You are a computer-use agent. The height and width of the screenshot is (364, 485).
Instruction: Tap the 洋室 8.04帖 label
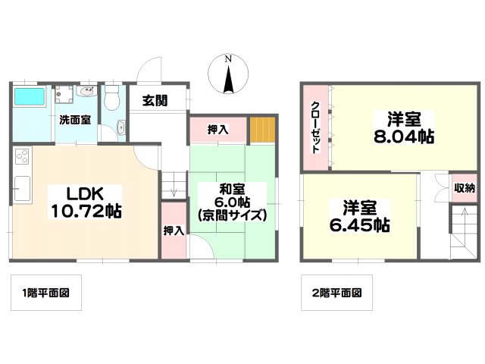pos(401,127)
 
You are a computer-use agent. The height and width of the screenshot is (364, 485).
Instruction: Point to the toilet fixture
pos(113,97)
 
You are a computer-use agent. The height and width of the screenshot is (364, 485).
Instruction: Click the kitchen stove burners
pos(21,158)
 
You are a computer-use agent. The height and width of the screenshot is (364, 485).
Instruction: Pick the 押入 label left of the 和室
pos(174,230)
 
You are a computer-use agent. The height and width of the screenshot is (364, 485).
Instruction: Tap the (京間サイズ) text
pos(233,215)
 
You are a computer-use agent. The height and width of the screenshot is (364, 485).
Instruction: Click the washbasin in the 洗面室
pos(85,94)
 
